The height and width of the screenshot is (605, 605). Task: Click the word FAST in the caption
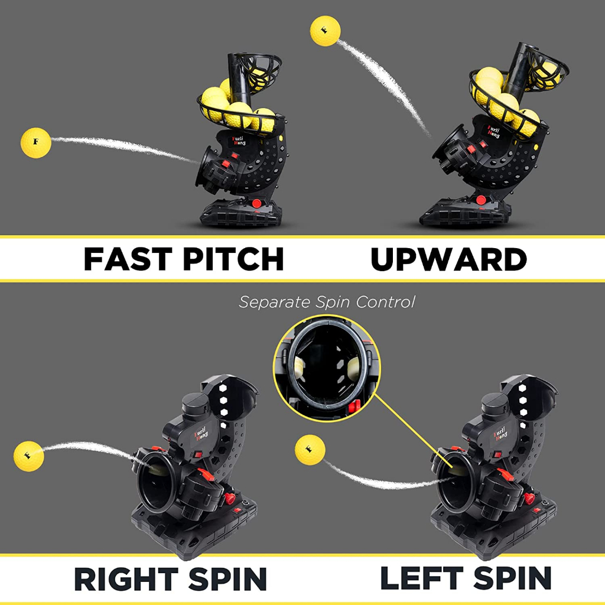[128, 259]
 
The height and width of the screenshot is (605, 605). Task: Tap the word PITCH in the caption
[233, 259]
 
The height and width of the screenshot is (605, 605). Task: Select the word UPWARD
[449, 259]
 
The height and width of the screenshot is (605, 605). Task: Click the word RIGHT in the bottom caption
[126, 579]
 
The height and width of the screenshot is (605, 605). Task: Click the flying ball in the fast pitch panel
[35, 143]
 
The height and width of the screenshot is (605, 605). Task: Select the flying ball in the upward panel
[326, 31]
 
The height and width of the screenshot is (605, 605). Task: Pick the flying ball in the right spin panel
[28, 456]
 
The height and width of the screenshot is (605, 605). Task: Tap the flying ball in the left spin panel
[310, 450]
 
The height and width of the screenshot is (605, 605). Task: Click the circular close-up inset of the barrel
[326, 368]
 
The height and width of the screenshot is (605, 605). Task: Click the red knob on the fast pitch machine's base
[256, 203]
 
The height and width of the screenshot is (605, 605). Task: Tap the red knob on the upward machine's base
[481, 200]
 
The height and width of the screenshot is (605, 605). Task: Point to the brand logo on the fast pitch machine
[239, 141]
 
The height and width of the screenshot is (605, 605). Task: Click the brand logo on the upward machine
[493, 131]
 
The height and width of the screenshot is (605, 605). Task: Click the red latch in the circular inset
[354, 406]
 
